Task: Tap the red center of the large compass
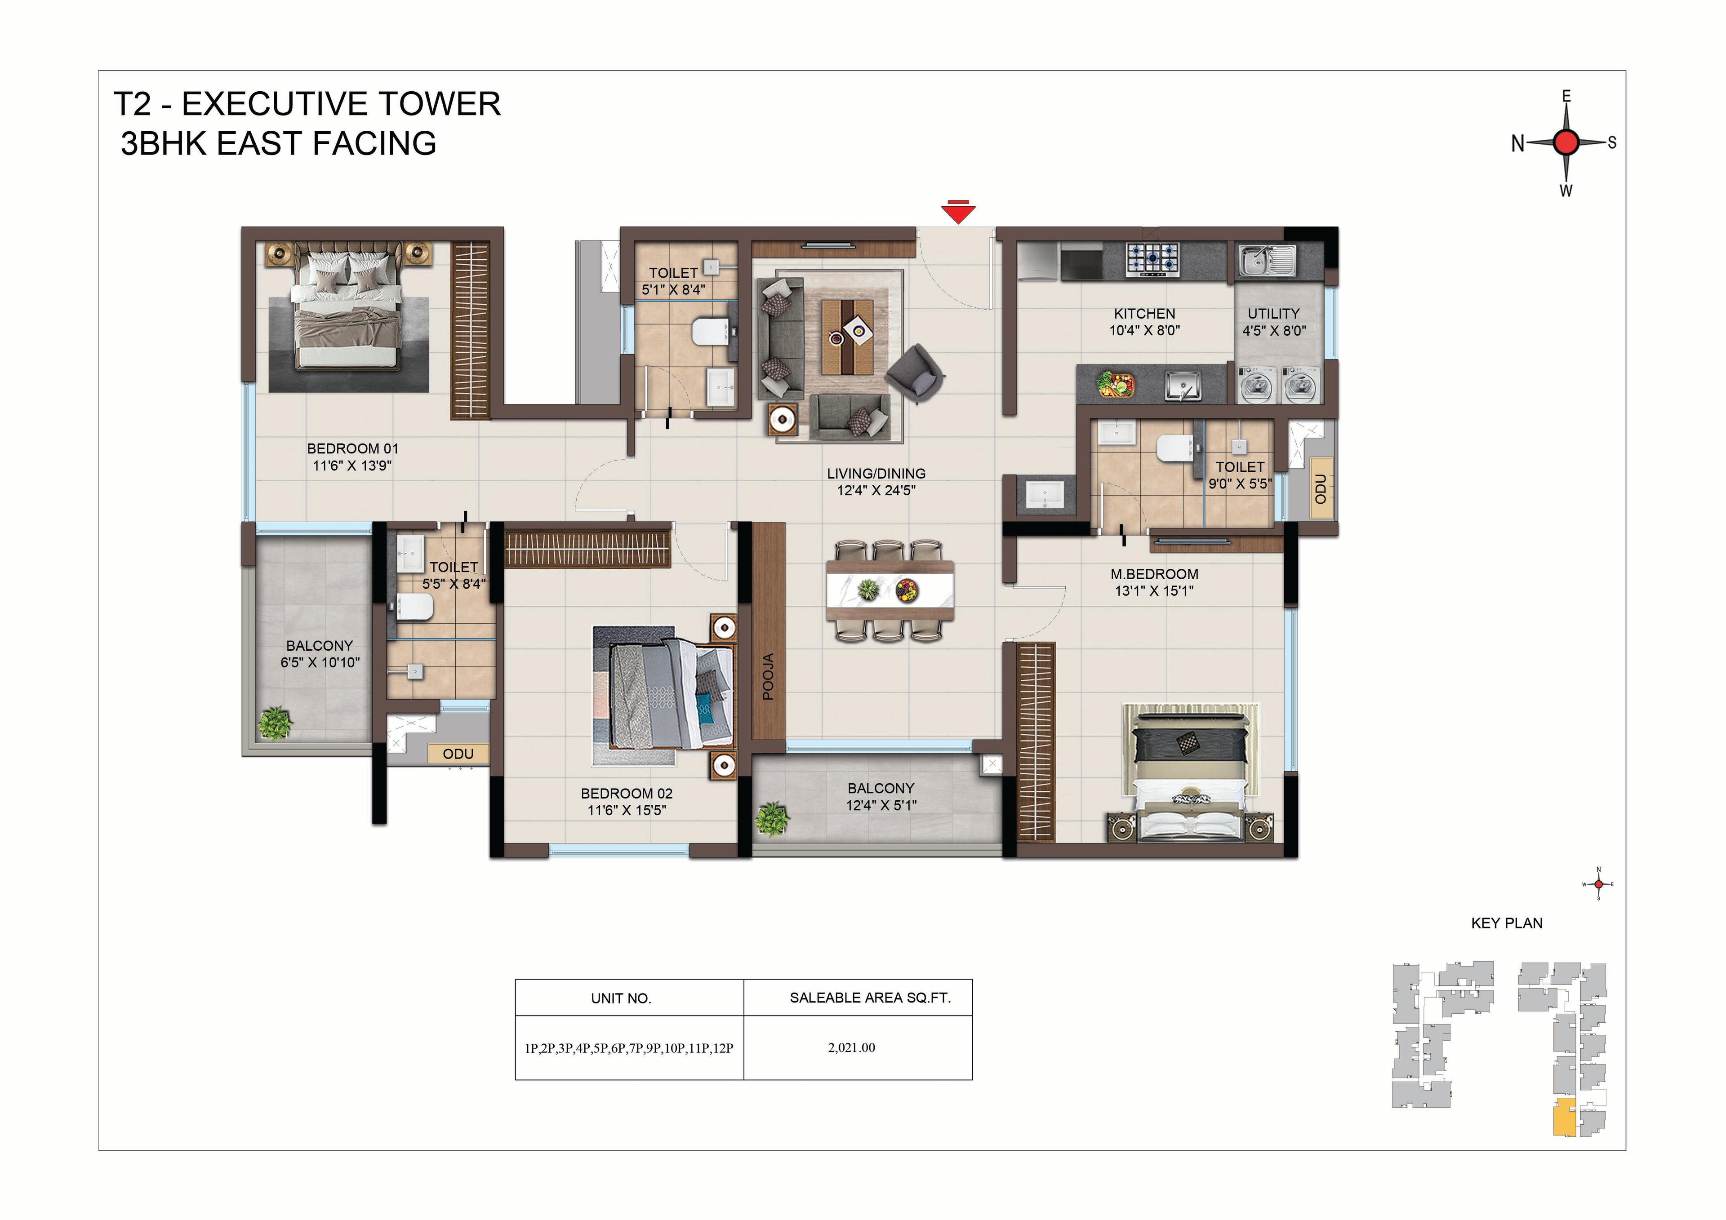tap(1566, 142)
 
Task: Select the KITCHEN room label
tap(1144, 314)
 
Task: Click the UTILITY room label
tap(1273, 314)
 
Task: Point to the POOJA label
tap(768, 677)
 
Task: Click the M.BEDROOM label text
tap(1155, 574)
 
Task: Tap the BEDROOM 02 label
tap(627, 793)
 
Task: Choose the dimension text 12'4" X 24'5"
tap(876, 490)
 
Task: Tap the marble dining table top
tap(890, 591)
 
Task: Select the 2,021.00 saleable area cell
tap(852, 1048)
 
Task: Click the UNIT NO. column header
tap(621, 998)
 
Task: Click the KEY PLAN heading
tap(1507, 923)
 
